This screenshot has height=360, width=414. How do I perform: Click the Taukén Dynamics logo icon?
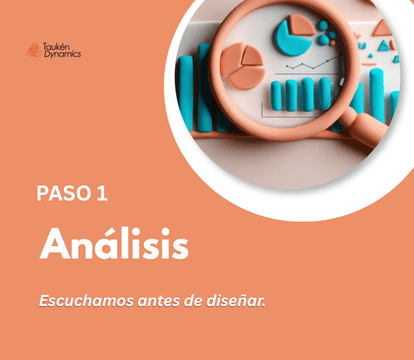[34, 50]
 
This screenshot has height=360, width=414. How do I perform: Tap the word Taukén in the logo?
[56, 46]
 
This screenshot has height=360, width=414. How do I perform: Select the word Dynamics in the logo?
[62, 54]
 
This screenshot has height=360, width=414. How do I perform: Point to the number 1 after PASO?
[103, 193]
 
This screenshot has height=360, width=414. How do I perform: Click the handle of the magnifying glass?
[364, 127]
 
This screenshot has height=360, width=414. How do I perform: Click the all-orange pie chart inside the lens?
[243, 66]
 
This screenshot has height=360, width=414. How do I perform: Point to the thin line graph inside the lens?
[314, 62]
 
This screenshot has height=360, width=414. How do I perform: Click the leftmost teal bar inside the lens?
[276, 96]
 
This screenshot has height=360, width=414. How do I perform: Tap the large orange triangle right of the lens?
[383, 27]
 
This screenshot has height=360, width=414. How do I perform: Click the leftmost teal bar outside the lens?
[186, 93]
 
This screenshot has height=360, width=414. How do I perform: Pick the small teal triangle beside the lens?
[384, 46]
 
